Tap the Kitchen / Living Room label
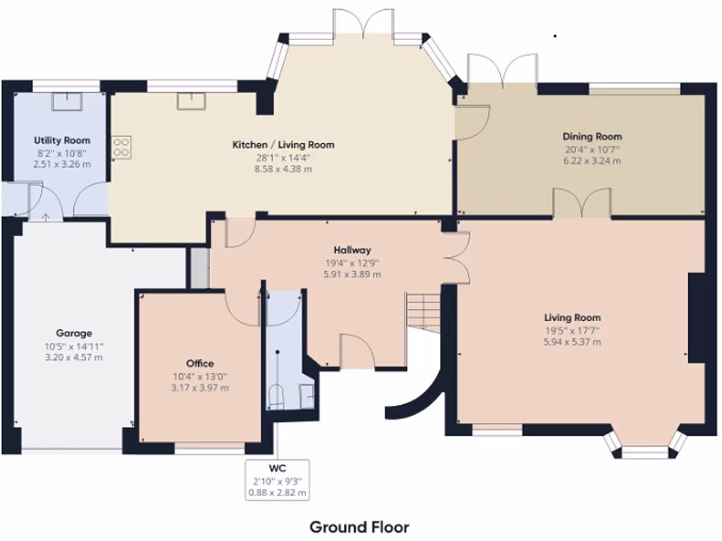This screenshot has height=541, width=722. (283, 144)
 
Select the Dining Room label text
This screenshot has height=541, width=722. (592, 137)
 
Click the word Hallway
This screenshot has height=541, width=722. (352, 250)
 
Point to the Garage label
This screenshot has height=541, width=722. (74, 333)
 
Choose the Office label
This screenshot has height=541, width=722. (200, 363)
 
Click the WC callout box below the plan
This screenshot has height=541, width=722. (277, 480)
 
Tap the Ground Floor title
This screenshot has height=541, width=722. (359, 527)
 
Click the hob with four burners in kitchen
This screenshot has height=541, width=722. (121, 146)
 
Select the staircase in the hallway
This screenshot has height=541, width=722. (423, 310)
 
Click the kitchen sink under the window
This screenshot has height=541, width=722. (189, 101)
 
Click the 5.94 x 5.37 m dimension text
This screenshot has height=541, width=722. (573, 342)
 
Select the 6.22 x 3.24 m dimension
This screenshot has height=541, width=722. (592, 161)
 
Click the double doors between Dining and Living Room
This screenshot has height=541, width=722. (582, 204)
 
